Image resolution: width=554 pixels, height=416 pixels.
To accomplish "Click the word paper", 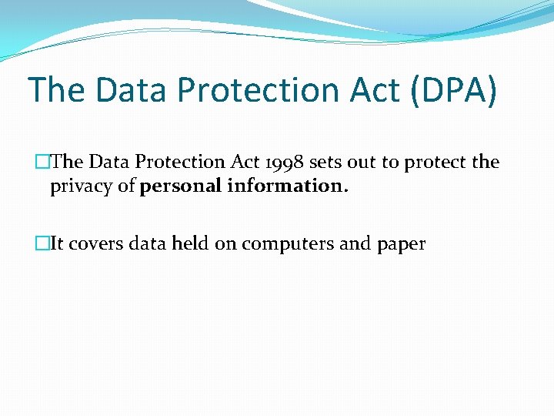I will (401, 244).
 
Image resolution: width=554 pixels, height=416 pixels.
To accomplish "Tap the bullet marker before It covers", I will (44, 244).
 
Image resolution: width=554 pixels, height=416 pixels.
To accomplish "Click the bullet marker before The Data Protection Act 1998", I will (44, 163).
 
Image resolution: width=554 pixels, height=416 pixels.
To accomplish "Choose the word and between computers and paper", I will (355, 244).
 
